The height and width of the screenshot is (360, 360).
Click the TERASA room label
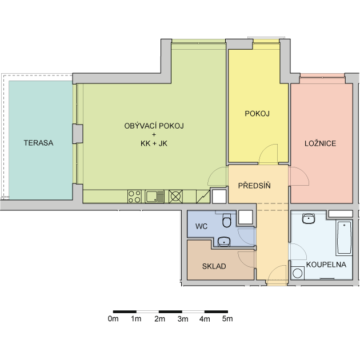[39, 143]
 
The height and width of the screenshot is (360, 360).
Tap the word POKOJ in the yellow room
[257, 114]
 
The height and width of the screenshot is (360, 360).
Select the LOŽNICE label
[320, 143]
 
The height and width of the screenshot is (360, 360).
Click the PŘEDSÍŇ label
[254, 186]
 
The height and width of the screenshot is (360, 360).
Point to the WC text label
[201, 226]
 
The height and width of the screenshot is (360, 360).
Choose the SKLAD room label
[214, 266]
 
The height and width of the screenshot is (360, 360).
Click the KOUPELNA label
[326, 265]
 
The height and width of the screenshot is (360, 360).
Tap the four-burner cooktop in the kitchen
[134, 197]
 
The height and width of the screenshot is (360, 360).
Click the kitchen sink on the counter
[155, 197]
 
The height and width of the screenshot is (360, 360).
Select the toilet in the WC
[227, 221]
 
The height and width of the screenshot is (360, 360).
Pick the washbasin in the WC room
[224, 242]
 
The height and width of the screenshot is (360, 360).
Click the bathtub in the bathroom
[344, 238]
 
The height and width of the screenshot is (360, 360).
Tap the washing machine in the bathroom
[298, 273]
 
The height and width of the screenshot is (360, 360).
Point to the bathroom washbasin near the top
[309, 218]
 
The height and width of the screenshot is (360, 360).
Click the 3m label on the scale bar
[183, 319]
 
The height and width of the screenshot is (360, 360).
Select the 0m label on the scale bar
[113, 319]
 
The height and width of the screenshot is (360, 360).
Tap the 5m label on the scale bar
[227, 319]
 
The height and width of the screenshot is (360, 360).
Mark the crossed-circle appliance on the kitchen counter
[175, 197]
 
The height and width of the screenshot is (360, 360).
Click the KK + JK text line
[154, 143]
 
